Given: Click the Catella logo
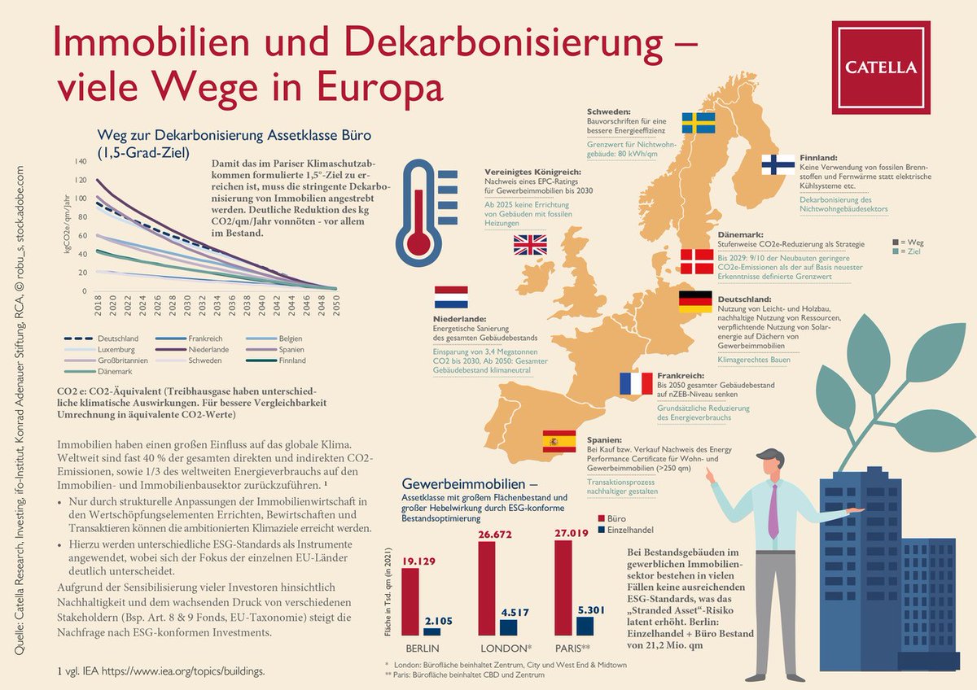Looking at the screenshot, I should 881,67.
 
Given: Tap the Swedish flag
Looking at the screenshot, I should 697,123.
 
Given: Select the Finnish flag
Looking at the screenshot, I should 778,164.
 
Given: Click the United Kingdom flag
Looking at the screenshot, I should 530,245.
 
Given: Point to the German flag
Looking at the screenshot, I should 695,303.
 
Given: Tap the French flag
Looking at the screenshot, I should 636,383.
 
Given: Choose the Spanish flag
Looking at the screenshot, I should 559,441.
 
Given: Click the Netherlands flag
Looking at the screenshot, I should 451,298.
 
